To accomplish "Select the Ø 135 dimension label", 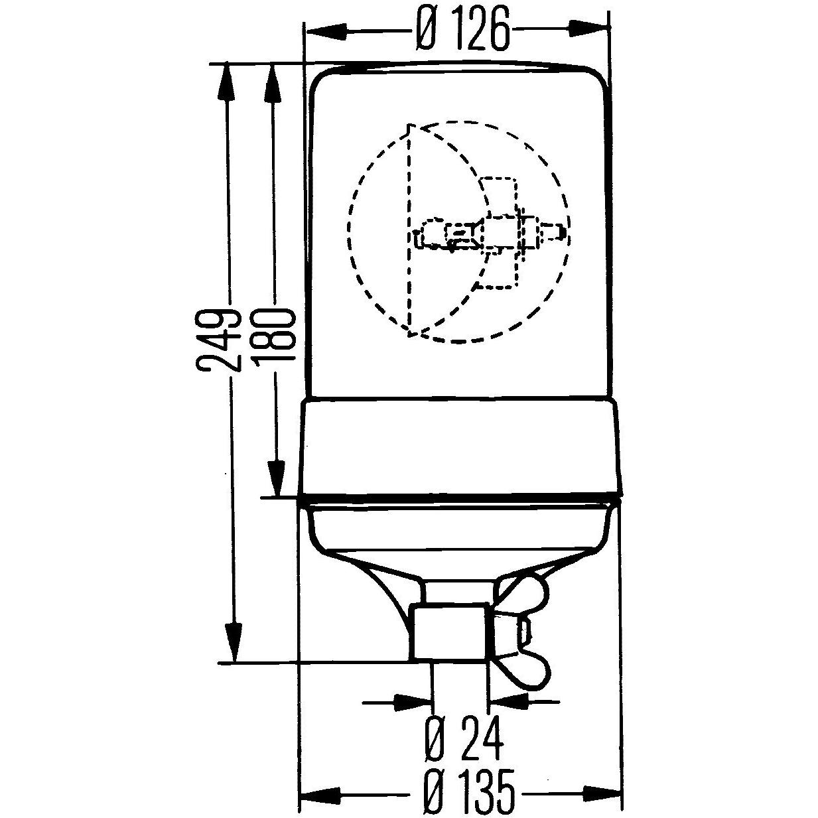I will click(x=468, y=792).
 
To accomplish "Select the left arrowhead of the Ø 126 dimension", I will click(x=323, y=29).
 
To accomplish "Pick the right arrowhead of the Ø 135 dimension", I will click(x=602, y=792).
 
